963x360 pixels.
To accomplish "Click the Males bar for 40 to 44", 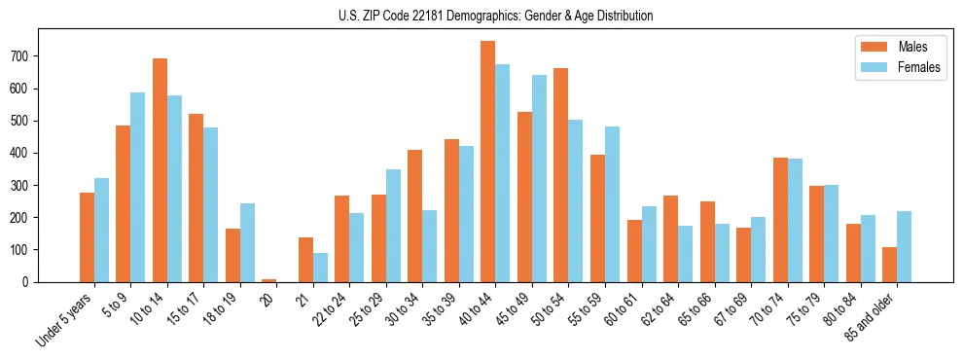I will click(x=488, y=162).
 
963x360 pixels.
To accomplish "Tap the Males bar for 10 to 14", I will click(x=160, y=170).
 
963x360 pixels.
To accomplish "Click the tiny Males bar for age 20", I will click(x=269, y=280).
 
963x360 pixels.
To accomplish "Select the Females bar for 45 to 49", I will click(x=539, y=178).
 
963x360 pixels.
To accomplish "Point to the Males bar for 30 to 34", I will click(x=415, y=216).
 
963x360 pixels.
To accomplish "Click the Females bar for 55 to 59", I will click(x=612, y=204).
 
